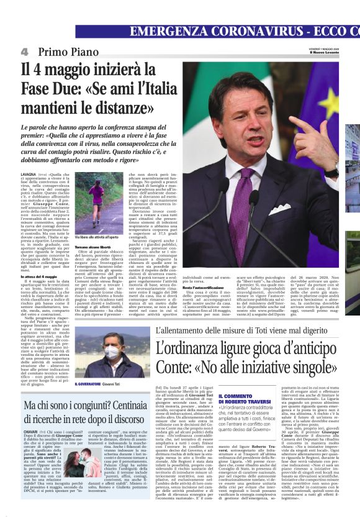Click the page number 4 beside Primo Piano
[24, 52]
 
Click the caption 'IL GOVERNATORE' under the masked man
[88, 384]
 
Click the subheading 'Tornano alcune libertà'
[94, 247]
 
